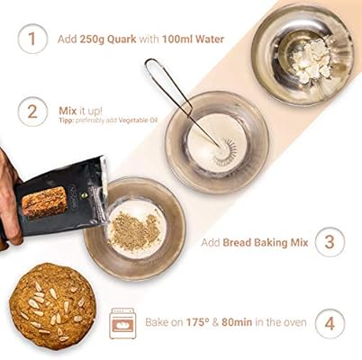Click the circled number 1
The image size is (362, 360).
[32, 39]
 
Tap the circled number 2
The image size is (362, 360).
[32, 112]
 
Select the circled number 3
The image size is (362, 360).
[330, 242]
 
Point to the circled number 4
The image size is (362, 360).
[330, 324]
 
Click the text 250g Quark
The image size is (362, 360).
[108, 40]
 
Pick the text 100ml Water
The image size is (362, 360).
[194, 40]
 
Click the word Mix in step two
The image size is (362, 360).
[68, 111]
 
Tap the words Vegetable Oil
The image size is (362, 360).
[138, 121]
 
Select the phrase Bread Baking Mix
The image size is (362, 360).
[266, 242]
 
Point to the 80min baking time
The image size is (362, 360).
[237, 322]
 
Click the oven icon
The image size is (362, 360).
[122, 323]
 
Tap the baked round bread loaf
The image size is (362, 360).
[52, 307]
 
